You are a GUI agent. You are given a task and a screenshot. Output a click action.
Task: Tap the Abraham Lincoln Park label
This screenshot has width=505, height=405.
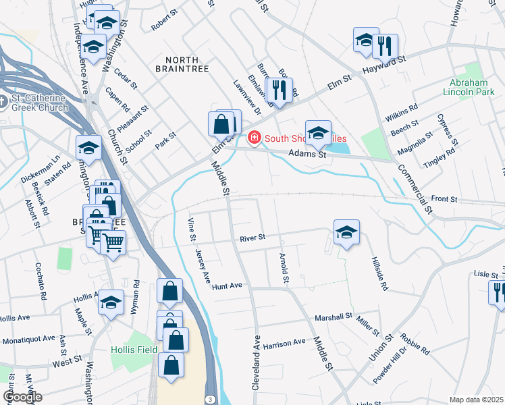473,88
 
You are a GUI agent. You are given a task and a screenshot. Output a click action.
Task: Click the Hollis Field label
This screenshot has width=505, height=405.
134,350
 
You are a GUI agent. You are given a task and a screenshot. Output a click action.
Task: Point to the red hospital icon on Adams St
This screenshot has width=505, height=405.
255,138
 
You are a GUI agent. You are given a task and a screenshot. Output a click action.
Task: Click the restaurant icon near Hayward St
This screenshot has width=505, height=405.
385,47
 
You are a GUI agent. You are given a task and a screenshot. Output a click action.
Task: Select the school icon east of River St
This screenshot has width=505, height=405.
346,232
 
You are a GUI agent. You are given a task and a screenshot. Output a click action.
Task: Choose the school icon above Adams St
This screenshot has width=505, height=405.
318,132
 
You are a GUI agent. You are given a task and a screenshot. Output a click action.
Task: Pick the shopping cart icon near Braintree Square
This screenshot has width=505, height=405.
113,242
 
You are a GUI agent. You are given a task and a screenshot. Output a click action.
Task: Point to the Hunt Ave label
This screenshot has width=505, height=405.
227,286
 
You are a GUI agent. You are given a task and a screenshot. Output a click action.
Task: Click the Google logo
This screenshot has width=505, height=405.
22,397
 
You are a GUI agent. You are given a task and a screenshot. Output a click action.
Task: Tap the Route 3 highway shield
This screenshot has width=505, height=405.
211,400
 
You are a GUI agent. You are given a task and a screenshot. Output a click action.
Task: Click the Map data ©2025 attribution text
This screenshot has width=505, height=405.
476,400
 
